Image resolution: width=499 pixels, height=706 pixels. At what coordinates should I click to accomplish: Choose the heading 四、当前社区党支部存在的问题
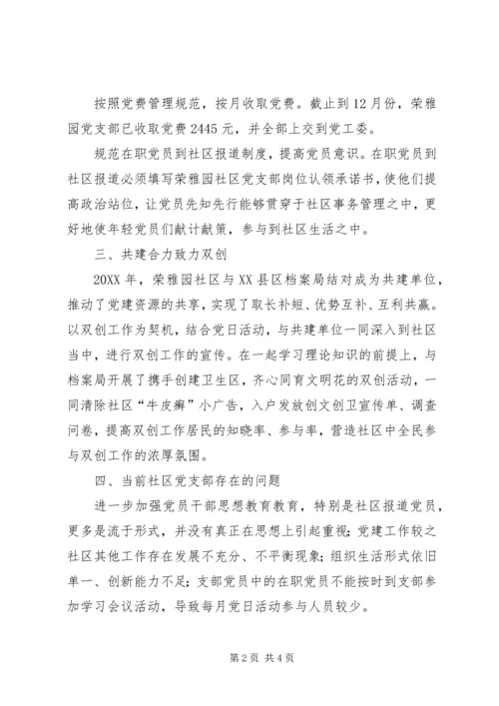[x=194, y=490]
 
